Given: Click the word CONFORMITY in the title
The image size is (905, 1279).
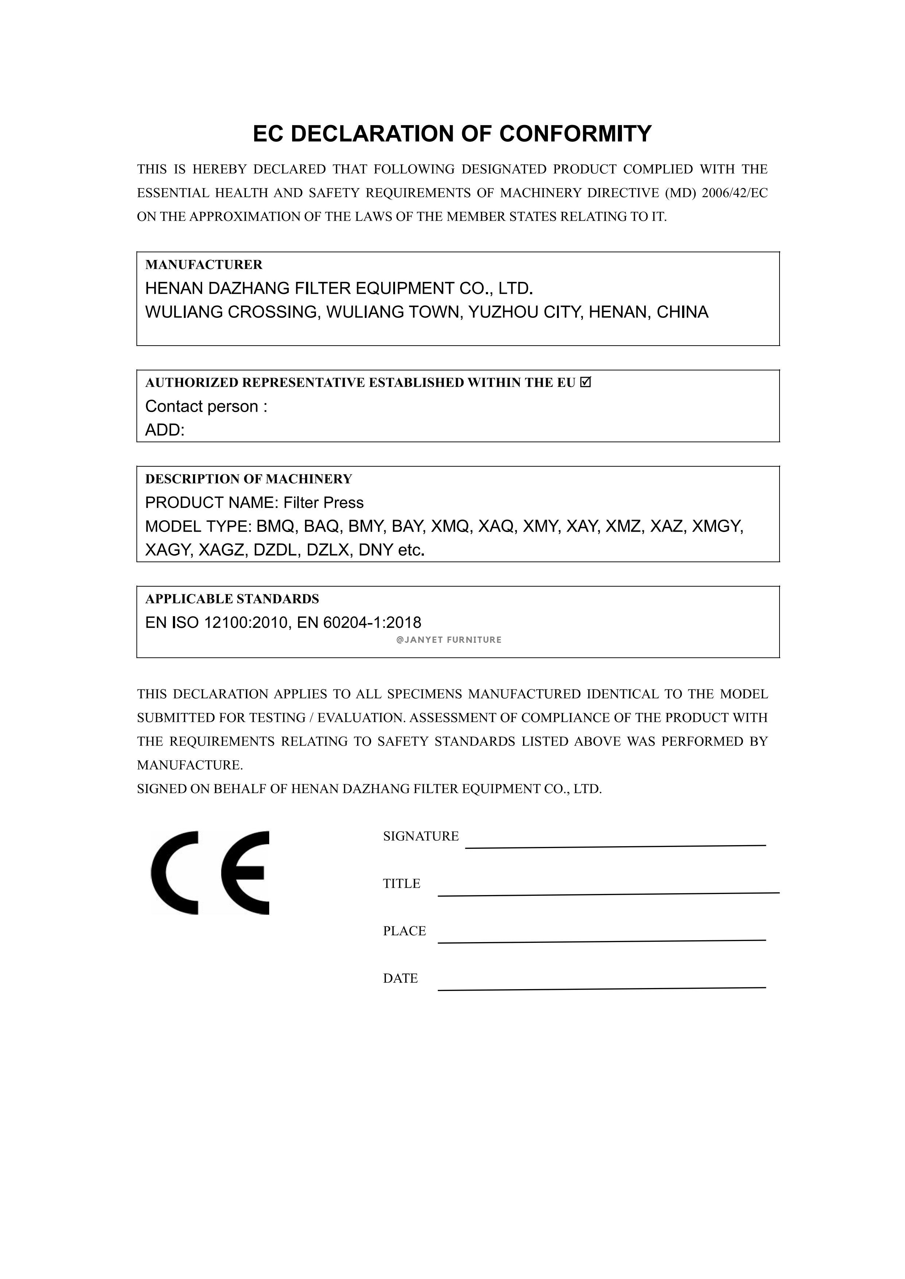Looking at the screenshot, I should tap(575, 134).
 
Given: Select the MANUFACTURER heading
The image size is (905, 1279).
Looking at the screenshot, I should tap(204, 265).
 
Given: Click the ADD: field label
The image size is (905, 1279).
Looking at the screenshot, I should tap(165, 430).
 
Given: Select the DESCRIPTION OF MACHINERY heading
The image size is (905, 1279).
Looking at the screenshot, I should tap(248, 479).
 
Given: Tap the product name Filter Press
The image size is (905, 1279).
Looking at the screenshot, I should tap(323, 503).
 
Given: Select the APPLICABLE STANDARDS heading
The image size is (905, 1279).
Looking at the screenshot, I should tap(232, 599).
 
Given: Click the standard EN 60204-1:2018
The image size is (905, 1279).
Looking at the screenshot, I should tap(359, 623).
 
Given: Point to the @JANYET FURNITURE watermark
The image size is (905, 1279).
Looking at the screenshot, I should tap(449, 640).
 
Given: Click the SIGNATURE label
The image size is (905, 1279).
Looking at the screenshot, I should tap(421, 836).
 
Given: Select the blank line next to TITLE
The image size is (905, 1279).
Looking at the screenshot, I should tap(608, 894).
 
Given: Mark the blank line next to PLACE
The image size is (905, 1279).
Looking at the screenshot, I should tap(602, 941).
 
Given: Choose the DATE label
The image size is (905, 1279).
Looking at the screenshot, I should tap(400, 978).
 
